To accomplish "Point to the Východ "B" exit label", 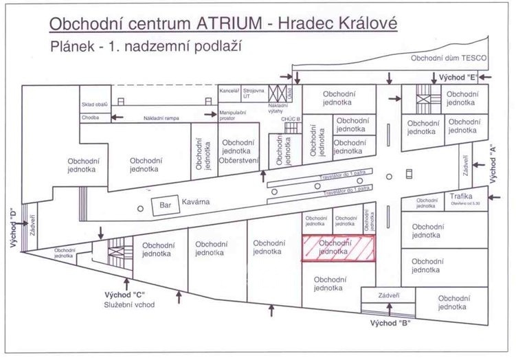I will (390, 322).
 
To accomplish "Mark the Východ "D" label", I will (12, 231).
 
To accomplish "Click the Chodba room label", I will (91, 117).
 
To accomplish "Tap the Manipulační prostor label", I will (231, 114).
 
